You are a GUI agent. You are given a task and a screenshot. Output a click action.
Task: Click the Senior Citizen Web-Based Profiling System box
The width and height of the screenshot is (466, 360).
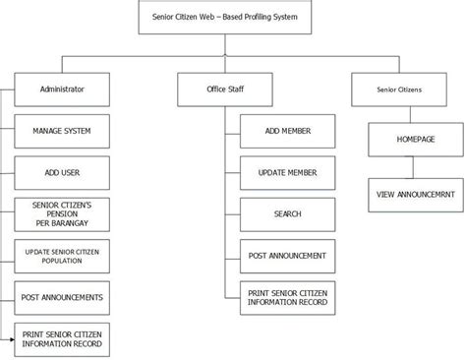click(x=233, y=18)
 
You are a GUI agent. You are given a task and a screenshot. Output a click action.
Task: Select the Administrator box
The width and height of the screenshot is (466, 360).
click(x=62, y=90)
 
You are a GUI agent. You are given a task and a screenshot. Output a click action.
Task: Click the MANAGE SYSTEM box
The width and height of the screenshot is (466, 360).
click(x=63, y=130)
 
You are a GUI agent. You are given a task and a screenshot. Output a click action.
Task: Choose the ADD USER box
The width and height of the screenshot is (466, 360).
click(x=63, y=172)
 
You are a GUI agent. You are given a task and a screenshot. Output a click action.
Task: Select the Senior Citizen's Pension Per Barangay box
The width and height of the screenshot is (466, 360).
click(x=63, y=212)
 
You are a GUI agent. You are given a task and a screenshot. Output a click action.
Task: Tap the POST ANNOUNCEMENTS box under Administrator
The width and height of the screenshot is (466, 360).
click(x=63, y=296)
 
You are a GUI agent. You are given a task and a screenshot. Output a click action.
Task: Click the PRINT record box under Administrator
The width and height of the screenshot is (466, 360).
click(x=63, y=339)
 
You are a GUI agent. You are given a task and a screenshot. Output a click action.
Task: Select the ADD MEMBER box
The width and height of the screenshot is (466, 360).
click(x=287, y=130)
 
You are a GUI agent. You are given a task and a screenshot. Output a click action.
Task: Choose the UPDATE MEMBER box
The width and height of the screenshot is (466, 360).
click(x=287, y=172)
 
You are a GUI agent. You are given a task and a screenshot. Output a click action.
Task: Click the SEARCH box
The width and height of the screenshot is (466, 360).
click(x=287, y=213)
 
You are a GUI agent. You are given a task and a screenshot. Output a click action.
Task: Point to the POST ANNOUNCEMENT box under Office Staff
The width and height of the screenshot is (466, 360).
click(x=287, y=256)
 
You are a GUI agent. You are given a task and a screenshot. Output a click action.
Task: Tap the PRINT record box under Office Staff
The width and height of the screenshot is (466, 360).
click(x=287, y=296)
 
